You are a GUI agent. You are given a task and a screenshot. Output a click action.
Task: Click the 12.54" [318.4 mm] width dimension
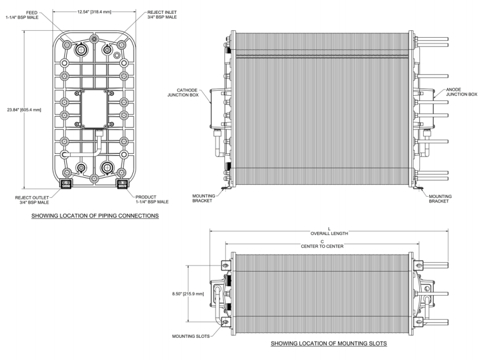94,12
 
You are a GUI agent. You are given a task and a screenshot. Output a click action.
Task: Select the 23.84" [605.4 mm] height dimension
24,110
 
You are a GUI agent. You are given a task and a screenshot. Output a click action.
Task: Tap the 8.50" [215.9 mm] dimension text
188,294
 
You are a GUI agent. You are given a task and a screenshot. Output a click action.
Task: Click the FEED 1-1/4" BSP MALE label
22,15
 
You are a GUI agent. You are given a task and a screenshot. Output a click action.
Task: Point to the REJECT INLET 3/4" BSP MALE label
162,15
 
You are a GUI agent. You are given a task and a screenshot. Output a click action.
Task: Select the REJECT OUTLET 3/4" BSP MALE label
32,200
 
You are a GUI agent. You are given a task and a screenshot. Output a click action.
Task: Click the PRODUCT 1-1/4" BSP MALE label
152,199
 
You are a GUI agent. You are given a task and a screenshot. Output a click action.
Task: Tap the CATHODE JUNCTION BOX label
183,93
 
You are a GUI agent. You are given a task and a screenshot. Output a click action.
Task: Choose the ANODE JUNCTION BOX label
462,92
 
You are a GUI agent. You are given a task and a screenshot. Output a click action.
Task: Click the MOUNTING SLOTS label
191,336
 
